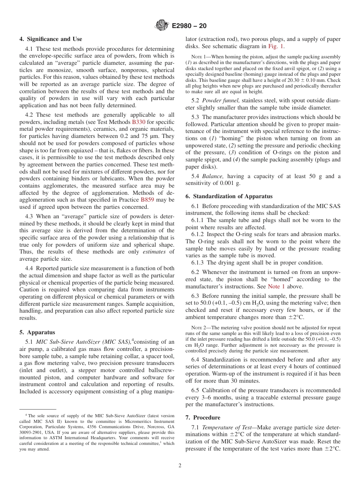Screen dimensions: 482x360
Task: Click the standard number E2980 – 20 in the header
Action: [189, 26]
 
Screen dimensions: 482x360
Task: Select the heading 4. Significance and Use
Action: [51, 39]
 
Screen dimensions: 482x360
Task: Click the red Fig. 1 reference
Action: [276, 46]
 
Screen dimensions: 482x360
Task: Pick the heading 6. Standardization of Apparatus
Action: [229, 196]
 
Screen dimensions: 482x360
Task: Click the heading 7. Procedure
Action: [203, 418]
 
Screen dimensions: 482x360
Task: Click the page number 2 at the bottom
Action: [180, 465]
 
